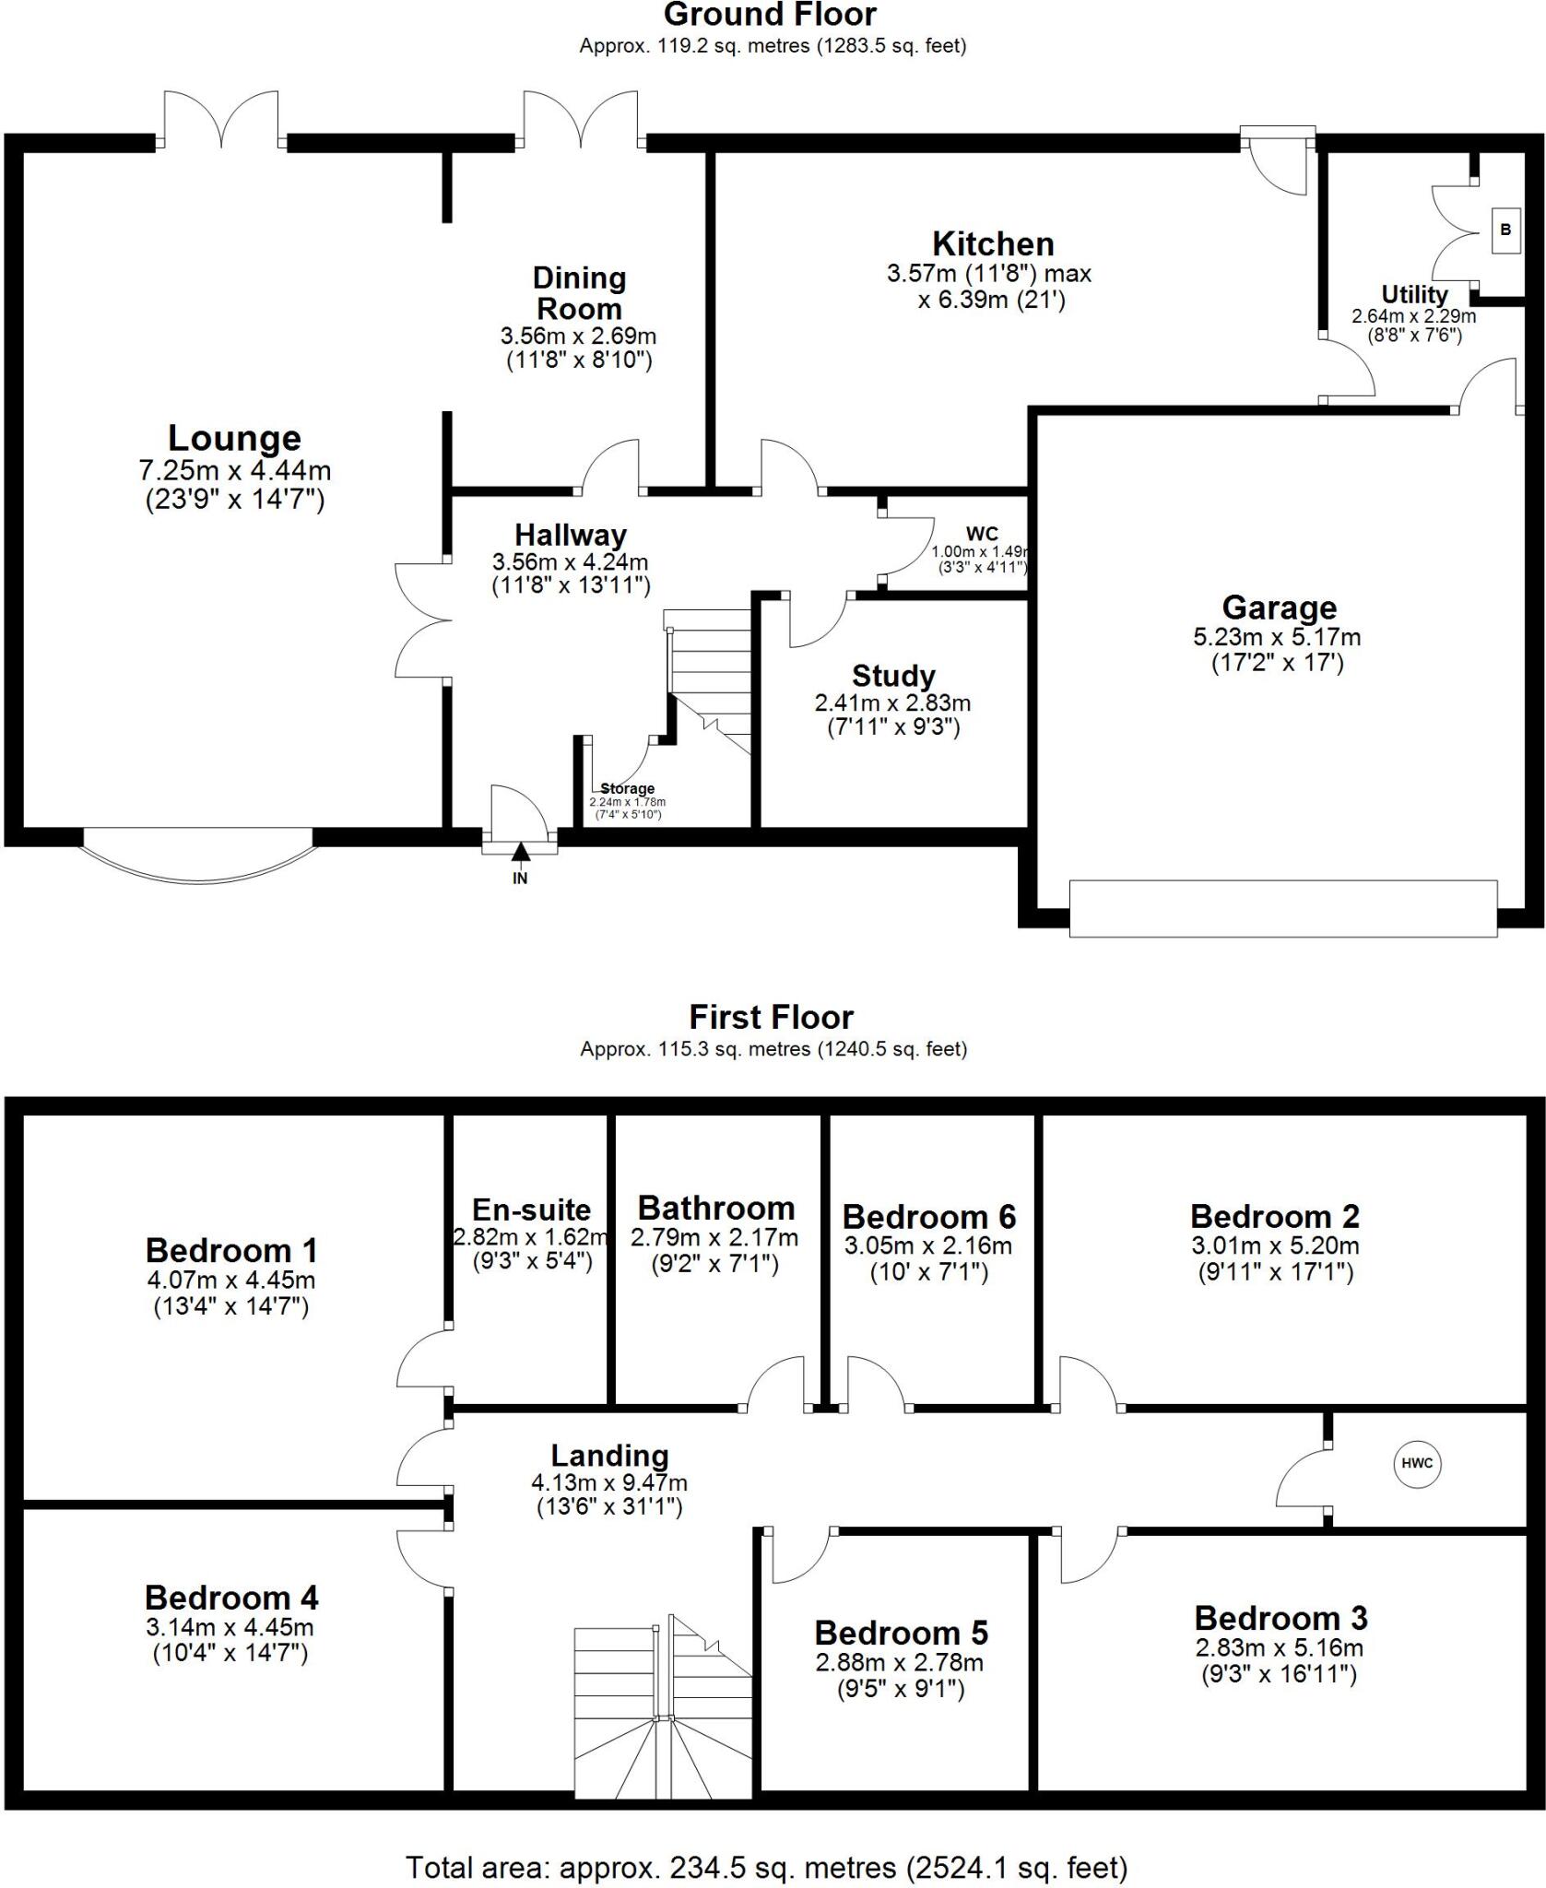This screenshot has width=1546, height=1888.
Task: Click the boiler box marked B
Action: tap(1505, 230)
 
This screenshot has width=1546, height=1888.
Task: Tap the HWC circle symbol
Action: tap(1417, 1463)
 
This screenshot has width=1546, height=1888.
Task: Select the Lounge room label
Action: tap(234, 438)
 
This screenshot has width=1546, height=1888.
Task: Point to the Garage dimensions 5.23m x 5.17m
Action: tap(1277, 637)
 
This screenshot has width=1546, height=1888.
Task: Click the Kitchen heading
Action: tap(993, 244)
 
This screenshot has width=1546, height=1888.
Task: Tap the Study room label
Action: tap(893, 676)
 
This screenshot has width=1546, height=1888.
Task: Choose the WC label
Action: tap(982, 534)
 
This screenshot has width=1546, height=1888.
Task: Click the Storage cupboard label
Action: tap(627, 789)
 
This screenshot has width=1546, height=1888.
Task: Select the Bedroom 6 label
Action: tap(928, 1217)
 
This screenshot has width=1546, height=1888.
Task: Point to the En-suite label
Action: tap(531, 1209)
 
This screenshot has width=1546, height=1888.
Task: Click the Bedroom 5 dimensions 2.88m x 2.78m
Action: tap(899, 1662)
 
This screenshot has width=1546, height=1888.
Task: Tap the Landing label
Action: tap(609, 1456)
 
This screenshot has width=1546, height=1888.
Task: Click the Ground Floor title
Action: tap(770, 15)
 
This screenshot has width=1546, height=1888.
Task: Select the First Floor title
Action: tap(772, 1018)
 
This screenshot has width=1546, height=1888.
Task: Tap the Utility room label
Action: tap(1413, 295)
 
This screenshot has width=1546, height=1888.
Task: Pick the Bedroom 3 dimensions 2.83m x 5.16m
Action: tap(1279, 1647)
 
